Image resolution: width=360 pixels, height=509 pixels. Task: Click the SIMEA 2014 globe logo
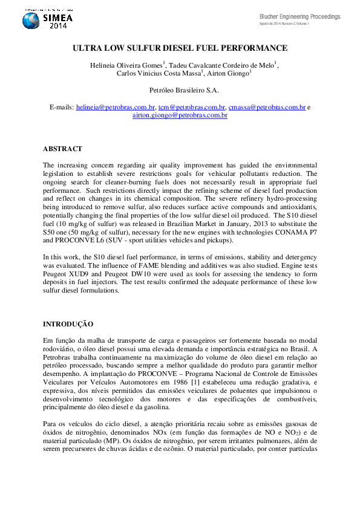(x=31, y=21)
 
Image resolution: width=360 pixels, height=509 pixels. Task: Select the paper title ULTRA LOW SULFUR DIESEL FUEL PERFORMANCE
(x=180, y=48)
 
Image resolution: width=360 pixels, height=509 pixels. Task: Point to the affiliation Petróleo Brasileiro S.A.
(x=180, y=90)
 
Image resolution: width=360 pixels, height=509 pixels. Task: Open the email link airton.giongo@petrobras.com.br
(x=180, y=115)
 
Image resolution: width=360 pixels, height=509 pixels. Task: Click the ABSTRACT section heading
(x=62, y=149)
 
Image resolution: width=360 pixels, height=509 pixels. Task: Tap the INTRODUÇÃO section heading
(x=68, y=324)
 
